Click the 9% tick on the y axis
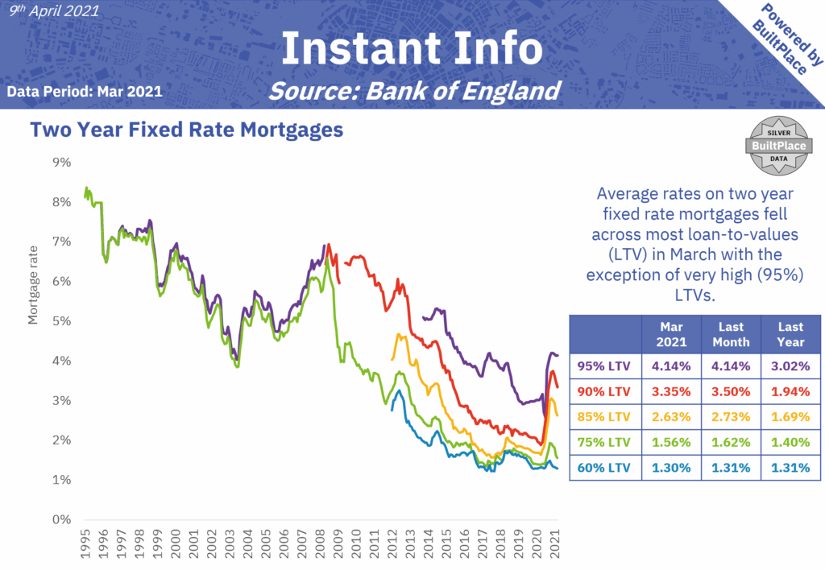(x=61, y=163)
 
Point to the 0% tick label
(x=61, y=519)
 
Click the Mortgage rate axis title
(x=34, y=291)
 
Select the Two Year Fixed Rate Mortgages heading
(x=186, y=130)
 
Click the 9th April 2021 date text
(x=54, y=11)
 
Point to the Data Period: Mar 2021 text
(x=85, y=91)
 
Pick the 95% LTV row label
(x=604, y=365)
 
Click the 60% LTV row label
(x=604, y=468)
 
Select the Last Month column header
(x=731, y=334)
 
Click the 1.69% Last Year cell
(x=790, y=416)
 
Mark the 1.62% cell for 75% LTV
(x=731, y=442)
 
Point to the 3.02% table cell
(x=790, y=365)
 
